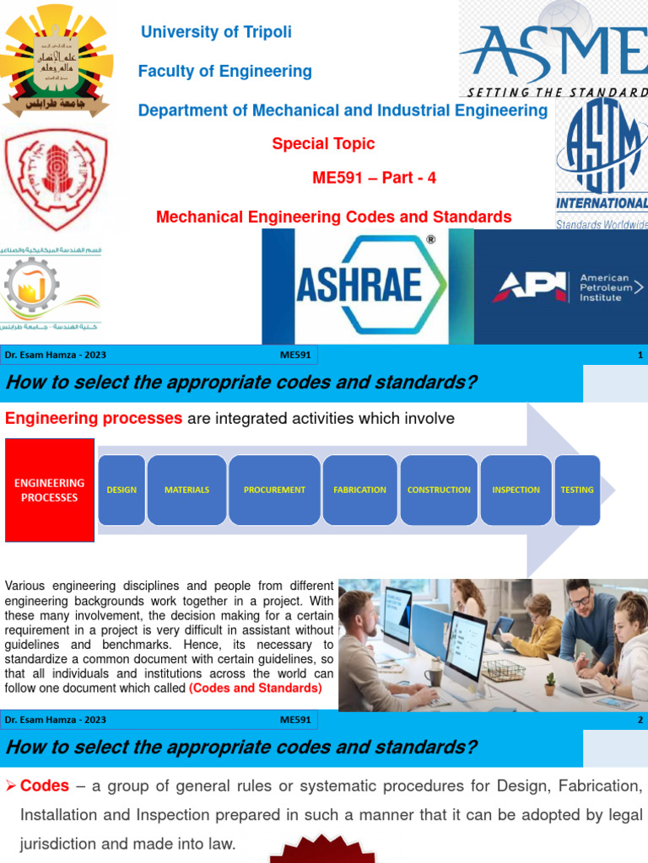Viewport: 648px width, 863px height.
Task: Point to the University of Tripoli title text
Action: pyautogui.click(x=216, y=32)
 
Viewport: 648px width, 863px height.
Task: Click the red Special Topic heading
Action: pyautogui.click(x=323, y=144)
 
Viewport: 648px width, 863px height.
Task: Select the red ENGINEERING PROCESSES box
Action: pyautogui.click(x=50, y=490)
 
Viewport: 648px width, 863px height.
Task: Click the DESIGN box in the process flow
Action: pyautogui.click(x=121, y=490)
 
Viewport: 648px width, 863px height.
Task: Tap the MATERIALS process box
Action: pyautogui.click(x=186, y=490)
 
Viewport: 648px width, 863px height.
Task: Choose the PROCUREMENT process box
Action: pyautogui.click(x=274, y=490)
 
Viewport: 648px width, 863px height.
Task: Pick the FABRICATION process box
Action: pyautogui.click(x=359, y=490)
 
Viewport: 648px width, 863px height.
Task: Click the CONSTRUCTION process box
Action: pyautogui.click(x=439, y=490)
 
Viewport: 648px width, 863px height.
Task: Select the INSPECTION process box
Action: pyautogui.click(x=516, y=490)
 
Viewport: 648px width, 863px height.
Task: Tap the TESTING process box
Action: pyautogui.click(x=577, y=490)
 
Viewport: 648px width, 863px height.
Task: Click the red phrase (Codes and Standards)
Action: pyautogui.click(x=256, y=689)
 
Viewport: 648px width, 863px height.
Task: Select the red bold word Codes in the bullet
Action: pyautogui.click(x=45, y=785)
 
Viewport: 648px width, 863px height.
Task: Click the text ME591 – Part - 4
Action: pyautogui.click(x=374, y=178)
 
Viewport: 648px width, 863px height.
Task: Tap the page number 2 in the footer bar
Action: pyautogui.click(x=640, y=721)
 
